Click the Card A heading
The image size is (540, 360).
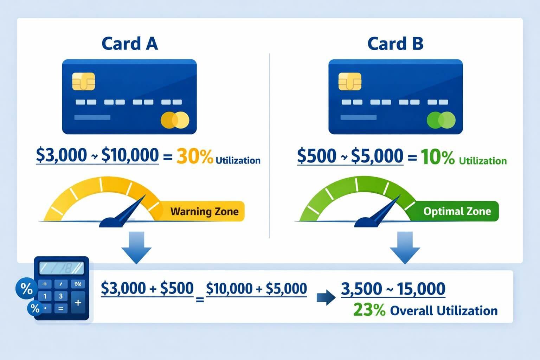tap(129, 44)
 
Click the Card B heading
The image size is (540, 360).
tap(395, 44)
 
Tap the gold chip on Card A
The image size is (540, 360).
tap(83, 82)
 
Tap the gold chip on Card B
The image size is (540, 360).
tap(349, 82)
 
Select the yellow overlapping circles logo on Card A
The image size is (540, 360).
tap(175, 120)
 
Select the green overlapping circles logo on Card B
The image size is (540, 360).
tap(441, 120)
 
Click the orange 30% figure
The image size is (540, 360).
tap(194, 157)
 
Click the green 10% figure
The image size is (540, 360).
tap(437, 157)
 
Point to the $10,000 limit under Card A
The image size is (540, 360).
tap(130, 155)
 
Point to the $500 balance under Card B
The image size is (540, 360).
tap(316, 156)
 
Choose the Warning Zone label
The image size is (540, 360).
tap(204, 211)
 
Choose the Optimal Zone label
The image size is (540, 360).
tap(457, 211)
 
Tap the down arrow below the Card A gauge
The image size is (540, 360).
tap(136, 247)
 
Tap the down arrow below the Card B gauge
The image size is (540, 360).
tap(405, 247)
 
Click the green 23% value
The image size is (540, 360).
tap(369, 310)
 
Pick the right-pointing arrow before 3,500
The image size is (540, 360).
tap(326, 298)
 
